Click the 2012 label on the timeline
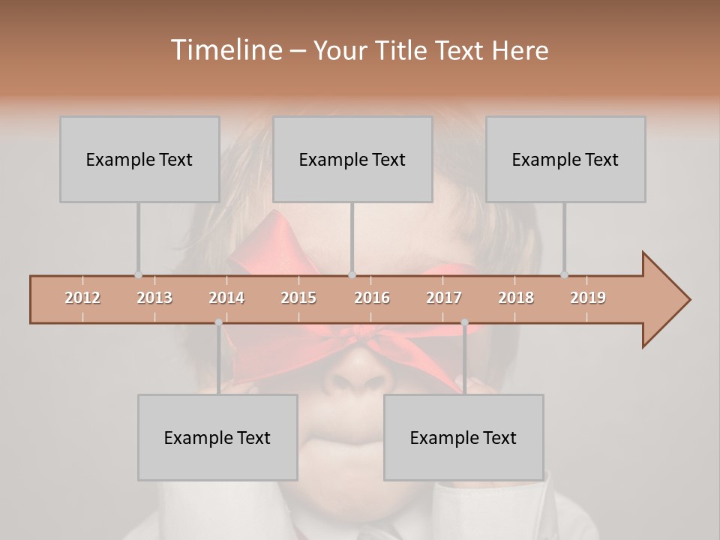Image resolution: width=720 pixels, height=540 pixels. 82,298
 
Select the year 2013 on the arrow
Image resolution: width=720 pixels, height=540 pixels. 154,298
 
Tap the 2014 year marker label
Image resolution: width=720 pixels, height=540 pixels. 226,298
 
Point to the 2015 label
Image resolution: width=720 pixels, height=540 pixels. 298,298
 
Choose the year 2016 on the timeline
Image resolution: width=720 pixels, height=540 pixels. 372,298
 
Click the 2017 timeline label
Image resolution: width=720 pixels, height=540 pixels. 444,298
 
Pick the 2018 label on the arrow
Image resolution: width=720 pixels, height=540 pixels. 516,298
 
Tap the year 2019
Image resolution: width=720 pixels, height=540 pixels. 588,298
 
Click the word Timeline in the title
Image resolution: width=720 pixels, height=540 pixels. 225,50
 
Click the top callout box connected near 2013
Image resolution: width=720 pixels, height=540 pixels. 139,159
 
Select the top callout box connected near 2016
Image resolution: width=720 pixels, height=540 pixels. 352,159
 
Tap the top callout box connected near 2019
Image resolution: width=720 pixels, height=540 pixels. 565,159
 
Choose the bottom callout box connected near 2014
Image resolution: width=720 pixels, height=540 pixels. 217,437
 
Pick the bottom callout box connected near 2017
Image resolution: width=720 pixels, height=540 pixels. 463,437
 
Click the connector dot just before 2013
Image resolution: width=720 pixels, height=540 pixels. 138,275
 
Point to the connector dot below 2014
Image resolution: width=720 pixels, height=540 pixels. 218,322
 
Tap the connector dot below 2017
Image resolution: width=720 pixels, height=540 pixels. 464,322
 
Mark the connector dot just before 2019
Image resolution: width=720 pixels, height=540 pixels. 564,275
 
